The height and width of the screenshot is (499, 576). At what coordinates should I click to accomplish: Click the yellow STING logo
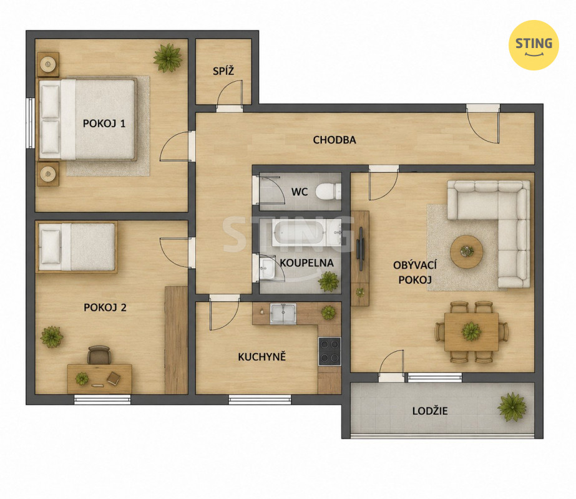(x=534, y=45)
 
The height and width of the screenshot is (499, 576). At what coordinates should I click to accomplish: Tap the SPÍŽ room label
(x=223, y=70)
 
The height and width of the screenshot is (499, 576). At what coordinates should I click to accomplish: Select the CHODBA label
(x=334, y=140)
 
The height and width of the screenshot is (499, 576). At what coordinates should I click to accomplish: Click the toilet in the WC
(x=328, y=191)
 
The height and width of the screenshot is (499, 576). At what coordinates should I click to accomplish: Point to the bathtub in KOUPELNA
(x=298, y=233)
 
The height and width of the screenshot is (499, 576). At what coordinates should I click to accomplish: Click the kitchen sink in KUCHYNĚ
(x=283, y=313)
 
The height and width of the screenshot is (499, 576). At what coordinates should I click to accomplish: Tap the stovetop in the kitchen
(x=329, y=351)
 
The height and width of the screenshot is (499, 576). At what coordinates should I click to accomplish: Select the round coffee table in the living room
(x=467, y=252)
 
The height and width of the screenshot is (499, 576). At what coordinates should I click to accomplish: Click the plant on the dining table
(x=471, y=331)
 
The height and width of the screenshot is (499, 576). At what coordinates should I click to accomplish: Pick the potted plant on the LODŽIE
(x=512, y=407)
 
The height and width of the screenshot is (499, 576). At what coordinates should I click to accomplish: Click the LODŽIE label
(x=430, y=411)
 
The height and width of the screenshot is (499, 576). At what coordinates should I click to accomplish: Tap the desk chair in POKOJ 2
(x=99, y=355)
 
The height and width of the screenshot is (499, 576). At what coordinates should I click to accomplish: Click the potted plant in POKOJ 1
(x=168, y=57)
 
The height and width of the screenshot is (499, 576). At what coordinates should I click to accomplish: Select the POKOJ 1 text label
(x=104, y=124)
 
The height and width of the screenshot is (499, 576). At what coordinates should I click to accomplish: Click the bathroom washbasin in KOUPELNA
(x=266, y=268)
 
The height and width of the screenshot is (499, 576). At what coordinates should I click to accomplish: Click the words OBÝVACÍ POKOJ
(x=415, y=272)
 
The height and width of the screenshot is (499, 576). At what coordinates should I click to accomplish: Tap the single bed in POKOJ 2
(x=77, y=247)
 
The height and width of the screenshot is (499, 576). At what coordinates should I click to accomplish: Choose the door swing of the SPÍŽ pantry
(x=230, y=94)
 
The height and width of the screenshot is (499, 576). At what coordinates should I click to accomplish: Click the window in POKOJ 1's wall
(x=31, y=123)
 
